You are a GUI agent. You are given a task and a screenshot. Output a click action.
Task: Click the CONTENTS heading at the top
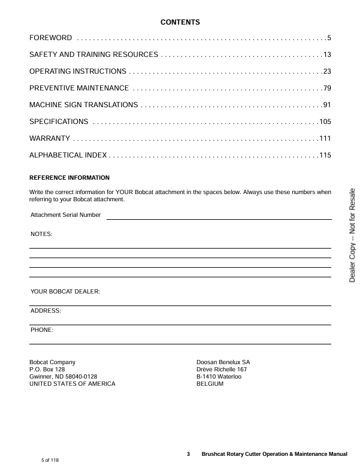pyautogui.click(x=180, y=22)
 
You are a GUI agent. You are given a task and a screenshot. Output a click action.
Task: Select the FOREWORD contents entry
pyautogui.click(x=51, y=38)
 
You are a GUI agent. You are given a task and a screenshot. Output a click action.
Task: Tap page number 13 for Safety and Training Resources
pyautogui.click(x=327, y=55)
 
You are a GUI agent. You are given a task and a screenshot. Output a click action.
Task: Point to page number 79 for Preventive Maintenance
pyautogui.click(x=327, y=89)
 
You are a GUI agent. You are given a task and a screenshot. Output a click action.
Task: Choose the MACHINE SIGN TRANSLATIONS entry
pyautogui.click(x=84, y=105)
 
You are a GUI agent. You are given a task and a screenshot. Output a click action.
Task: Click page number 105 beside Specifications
pyautogui.click(x=325, y=122)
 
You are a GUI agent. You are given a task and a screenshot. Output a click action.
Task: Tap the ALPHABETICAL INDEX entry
pyautogui.click(x=68, y=156)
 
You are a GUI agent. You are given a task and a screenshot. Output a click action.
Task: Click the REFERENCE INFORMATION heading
pyautogui.click(x=69, y=178)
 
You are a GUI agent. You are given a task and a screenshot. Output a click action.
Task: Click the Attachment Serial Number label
pyautogui.click(x=66, y=214)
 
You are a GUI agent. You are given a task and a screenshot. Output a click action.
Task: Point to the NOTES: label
pyautogui.click(x=41, y=234)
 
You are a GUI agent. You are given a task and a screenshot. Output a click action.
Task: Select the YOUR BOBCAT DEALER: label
pyautogui.click(x=65, y=292)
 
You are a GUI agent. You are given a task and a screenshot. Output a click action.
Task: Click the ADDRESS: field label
pyautogui.click(x=46, y=311)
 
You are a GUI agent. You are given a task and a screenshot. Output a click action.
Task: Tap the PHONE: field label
pyautogui.click(x=42, y=330)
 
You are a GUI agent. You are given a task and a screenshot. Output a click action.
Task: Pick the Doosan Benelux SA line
pyautogui.click(x=223, y=362)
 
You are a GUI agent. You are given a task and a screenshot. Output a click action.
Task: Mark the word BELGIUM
pyautogui.click(x=210, y=384)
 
